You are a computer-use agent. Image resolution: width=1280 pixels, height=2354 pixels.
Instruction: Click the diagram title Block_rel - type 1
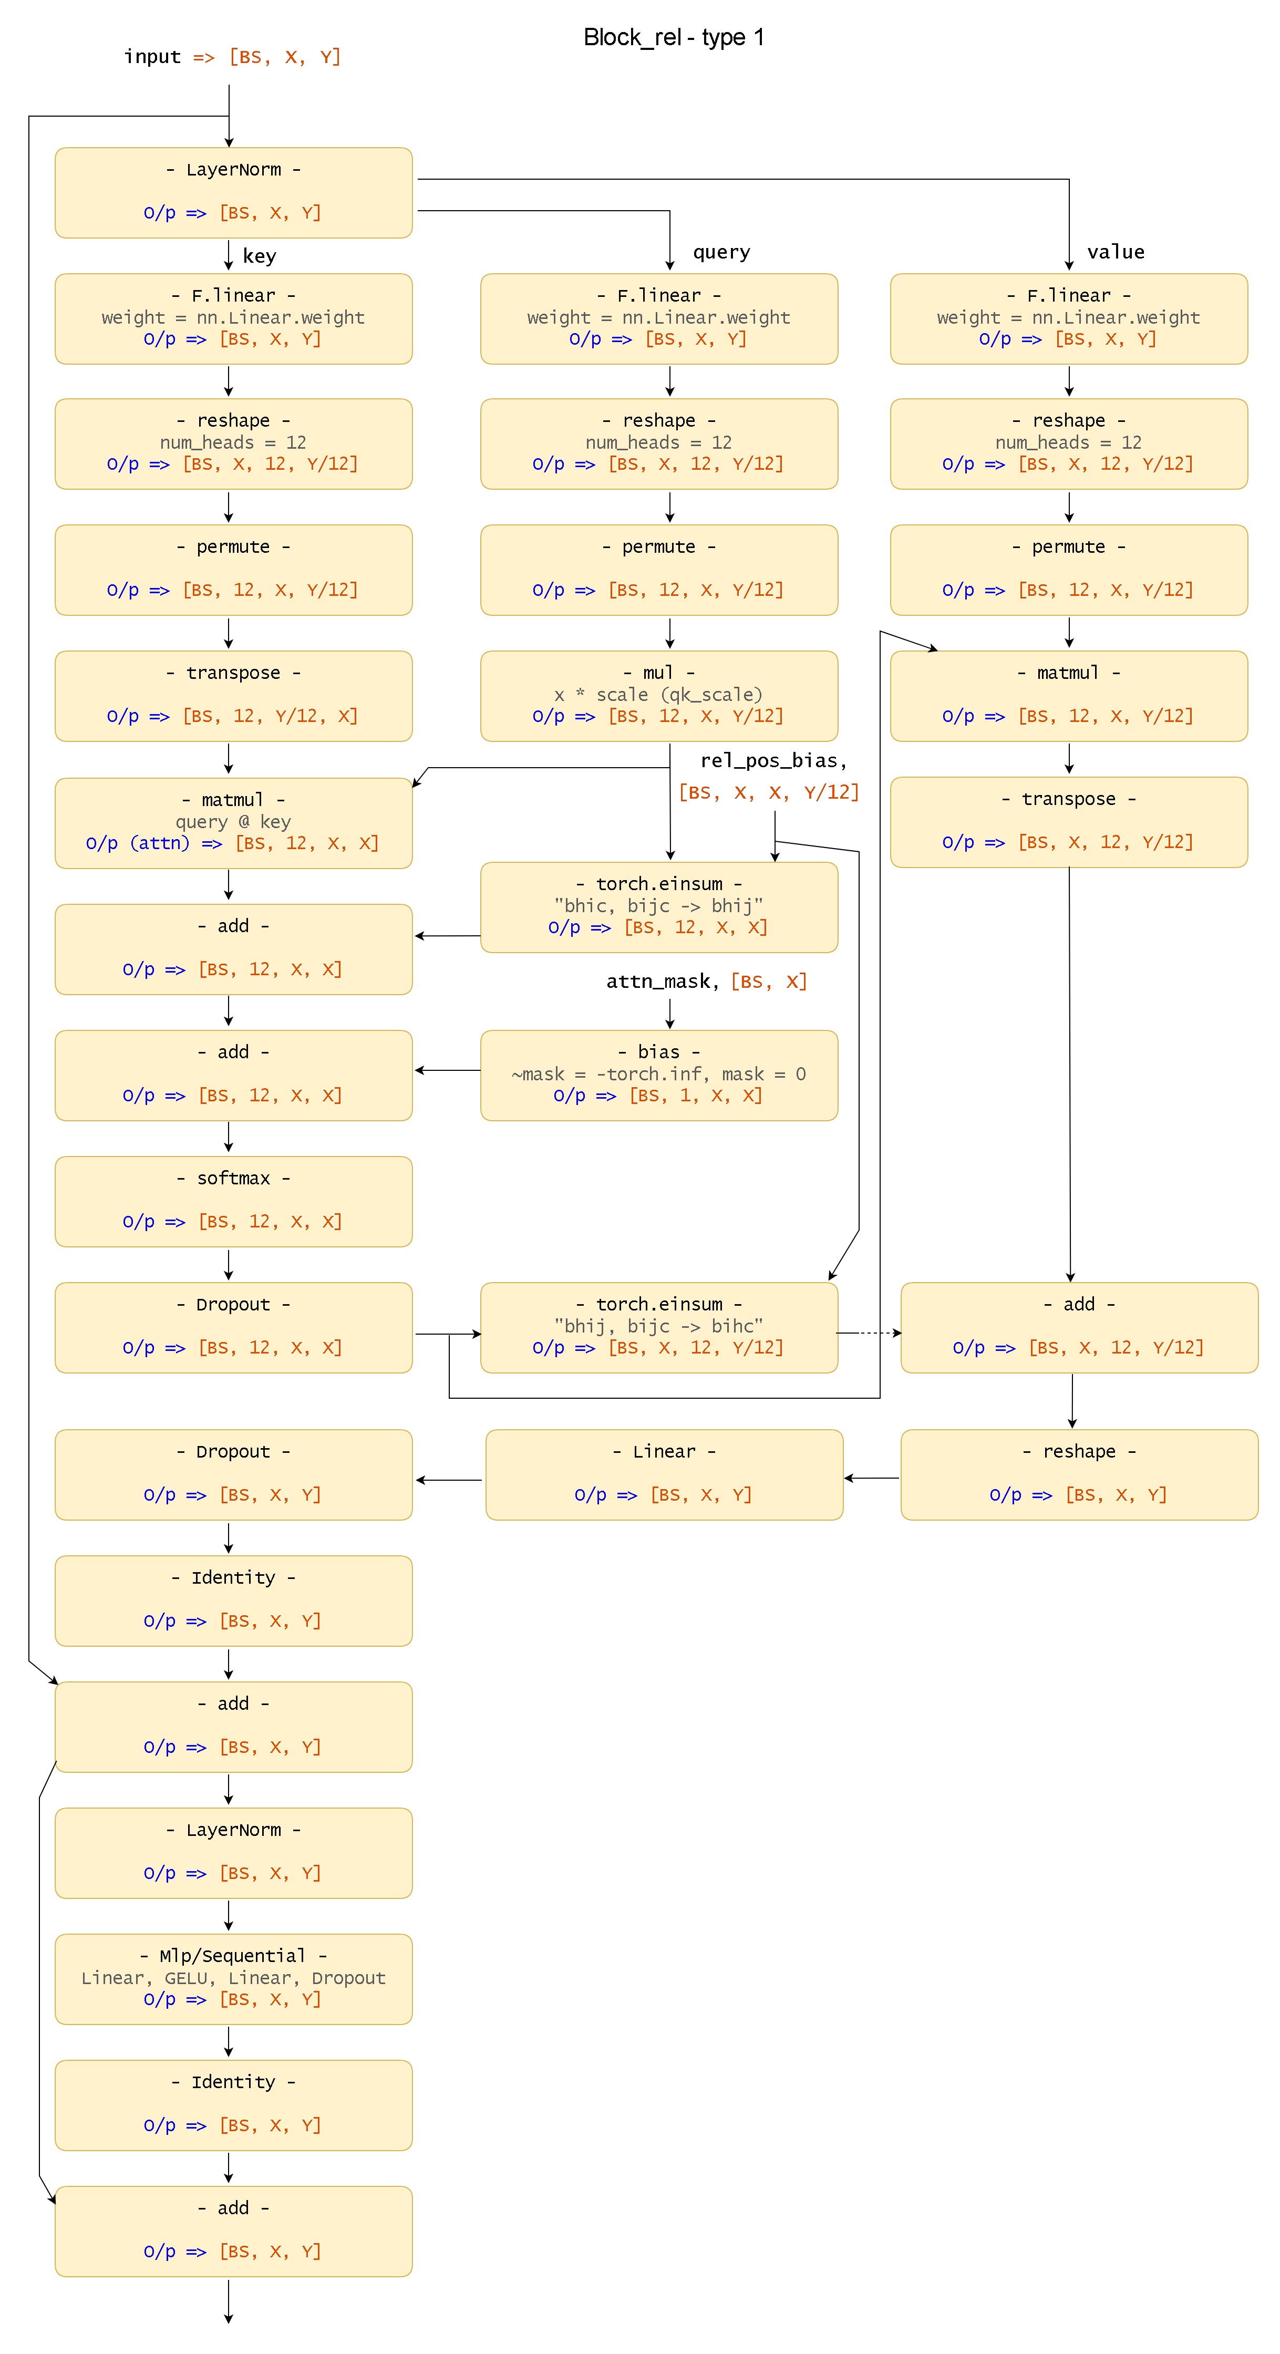(673, 37)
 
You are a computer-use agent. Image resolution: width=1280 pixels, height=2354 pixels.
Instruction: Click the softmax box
(233, 1201)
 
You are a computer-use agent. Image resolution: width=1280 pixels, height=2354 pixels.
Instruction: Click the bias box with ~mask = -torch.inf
(659, 1075)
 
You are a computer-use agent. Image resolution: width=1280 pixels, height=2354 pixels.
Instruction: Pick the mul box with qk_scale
(659, 695)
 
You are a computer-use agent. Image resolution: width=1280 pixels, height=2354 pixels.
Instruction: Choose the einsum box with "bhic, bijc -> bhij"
(659, 906)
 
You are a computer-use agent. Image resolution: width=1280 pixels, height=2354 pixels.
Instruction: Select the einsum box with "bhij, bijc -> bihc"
(659, 1327)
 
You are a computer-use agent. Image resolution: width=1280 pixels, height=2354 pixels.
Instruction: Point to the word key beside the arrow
(260, 256)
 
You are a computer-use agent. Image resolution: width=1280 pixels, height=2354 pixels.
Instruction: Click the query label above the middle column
(721, 252)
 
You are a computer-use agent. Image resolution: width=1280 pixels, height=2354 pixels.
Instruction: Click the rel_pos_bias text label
(773, 760)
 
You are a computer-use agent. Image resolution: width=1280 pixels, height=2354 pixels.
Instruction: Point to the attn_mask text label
(658, 982)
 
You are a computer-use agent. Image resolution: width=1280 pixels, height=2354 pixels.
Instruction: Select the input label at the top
(152, 57)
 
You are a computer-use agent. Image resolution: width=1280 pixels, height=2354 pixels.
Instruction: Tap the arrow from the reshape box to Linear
(872, 1478)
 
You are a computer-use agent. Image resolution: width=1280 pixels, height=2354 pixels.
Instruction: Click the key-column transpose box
(233, 695)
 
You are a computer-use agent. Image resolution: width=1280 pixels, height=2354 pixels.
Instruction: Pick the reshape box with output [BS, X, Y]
(1078, 1474)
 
